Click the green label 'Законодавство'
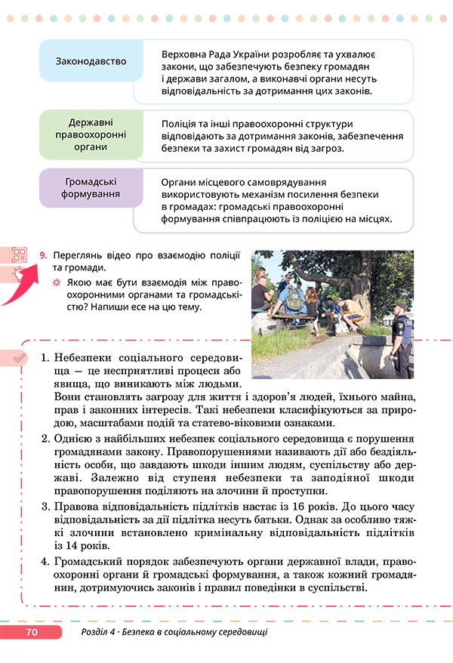point(91,60)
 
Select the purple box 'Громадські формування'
point(91,188)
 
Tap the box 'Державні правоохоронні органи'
point(91,134)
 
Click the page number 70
point(32,632)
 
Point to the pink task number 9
point(43,257)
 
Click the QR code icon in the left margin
point(19,255)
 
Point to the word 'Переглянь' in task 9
point(79,256)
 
